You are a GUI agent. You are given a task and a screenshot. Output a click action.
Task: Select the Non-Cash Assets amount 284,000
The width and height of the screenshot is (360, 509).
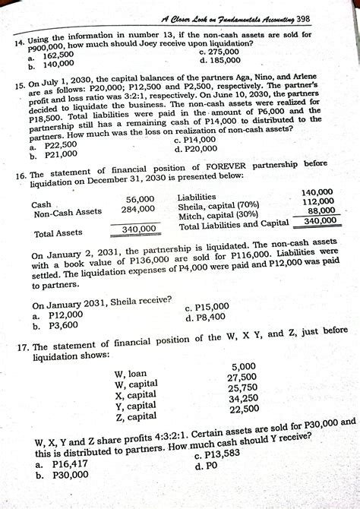137,210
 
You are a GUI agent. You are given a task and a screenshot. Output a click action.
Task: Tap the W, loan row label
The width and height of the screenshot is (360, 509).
130,374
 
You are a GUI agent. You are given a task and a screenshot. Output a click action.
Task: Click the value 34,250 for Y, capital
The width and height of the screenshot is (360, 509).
244,397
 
